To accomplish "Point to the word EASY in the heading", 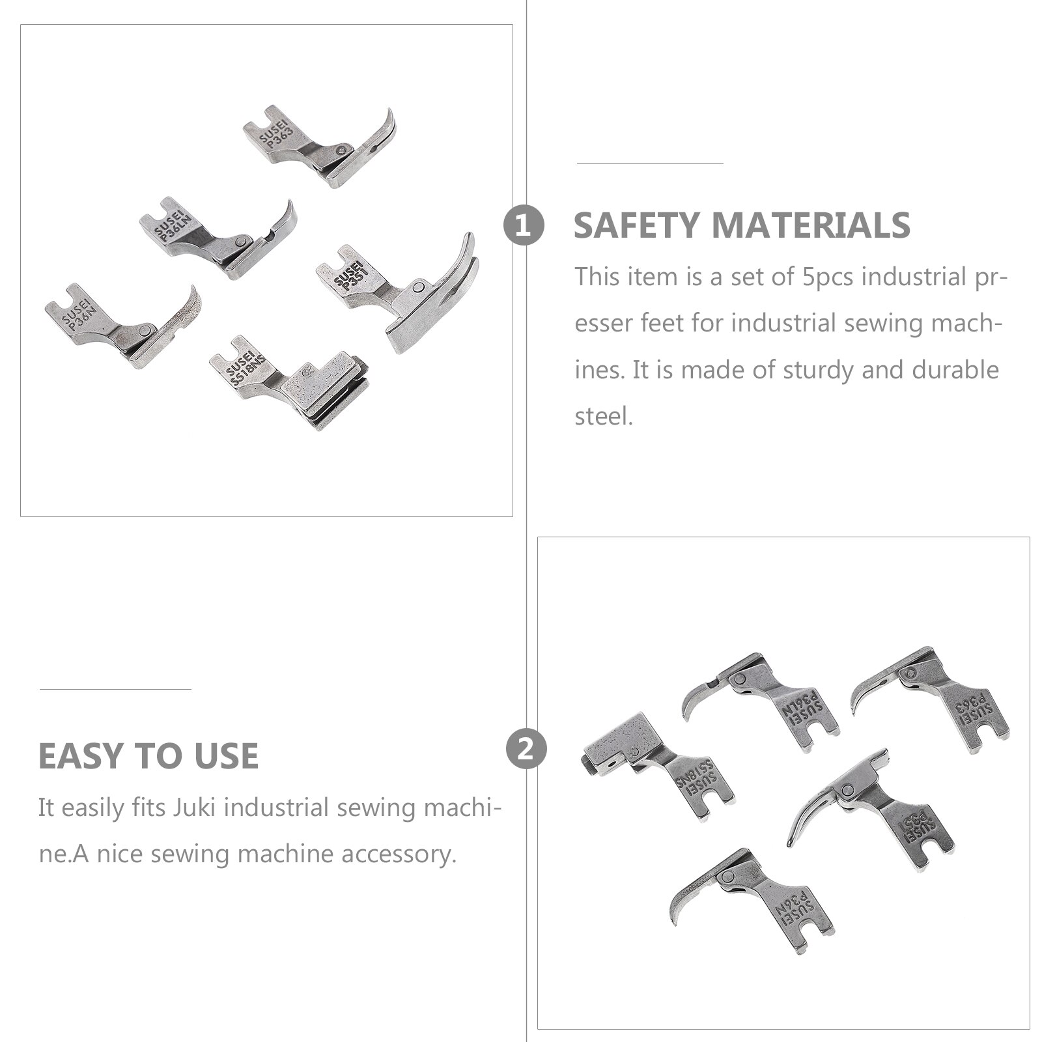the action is tap(80, 756).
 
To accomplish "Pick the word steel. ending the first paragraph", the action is tap(604, 415).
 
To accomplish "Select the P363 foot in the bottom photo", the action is tap(931, 700).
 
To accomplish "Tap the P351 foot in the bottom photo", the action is tap(871, 810).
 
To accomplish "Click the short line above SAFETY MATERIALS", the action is tap(650, 163).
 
